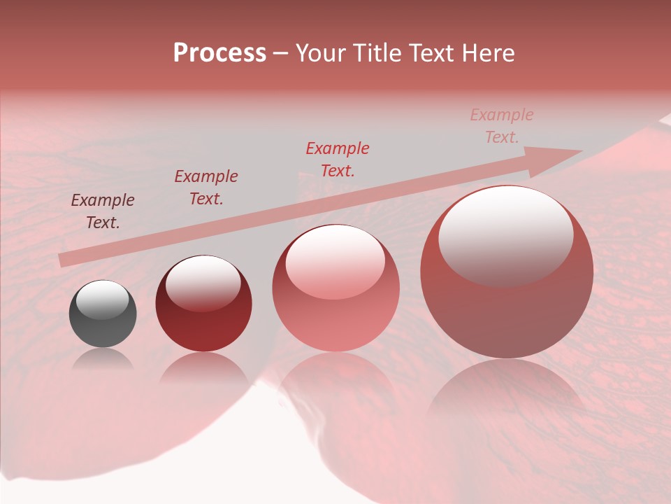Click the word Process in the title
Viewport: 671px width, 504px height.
(x=219, y=53)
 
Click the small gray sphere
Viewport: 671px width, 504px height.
(x=103, y=314)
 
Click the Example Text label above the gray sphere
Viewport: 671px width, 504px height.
(x=103, y=211)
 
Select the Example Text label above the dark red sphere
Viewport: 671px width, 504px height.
(x=206, y=188)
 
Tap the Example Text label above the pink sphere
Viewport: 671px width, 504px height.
(x=338, y=159)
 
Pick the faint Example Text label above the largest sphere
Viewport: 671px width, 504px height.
(x=502, y=126)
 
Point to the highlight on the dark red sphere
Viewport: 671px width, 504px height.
(x=203, y=281)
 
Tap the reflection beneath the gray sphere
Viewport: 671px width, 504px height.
(x=103, y=360)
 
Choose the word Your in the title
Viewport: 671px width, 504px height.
(x=322, y=53)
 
